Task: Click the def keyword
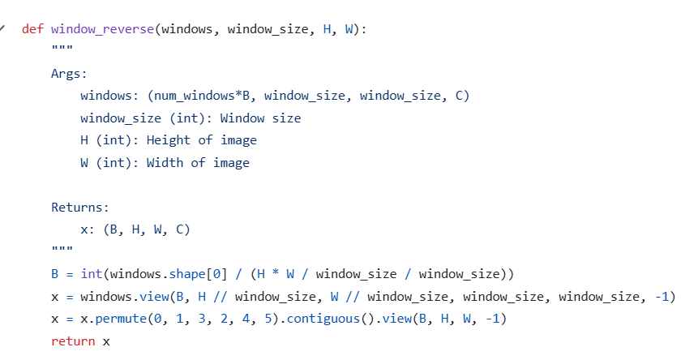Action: (32, 29)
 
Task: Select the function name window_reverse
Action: (102, 29)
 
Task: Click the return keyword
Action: (73, 341)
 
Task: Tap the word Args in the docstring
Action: (66, 74)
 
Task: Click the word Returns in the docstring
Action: (76, 208)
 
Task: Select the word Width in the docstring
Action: (165, 163)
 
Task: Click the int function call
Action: (92, 274)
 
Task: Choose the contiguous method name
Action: (323, 319)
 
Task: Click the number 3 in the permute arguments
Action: (202, 319)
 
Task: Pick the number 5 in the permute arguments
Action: (268, 319)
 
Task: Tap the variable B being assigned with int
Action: (55, 274)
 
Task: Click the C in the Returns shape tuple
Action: (180, 229)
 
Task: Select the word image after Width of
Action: (231, 163)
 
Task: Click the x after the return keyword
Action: (106, 342)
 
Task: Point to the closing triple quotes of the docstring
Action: (62, 248)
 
